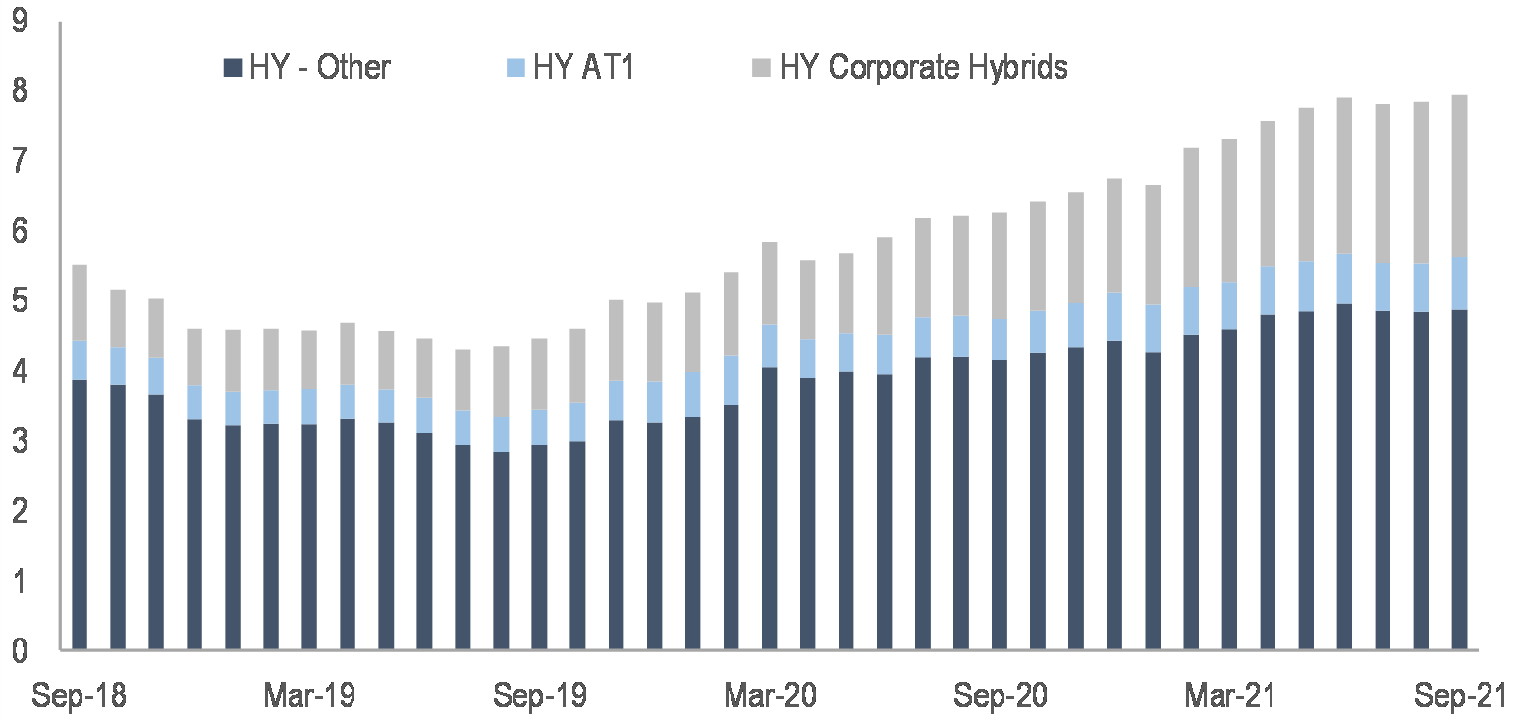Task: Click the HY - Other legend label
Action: tap(320, 68)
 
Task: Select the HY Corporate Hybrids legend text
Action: tap(923, 68)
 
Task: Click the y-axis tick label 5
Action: tap(21, 301)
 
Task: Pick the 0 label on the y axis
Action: tap(21, 650)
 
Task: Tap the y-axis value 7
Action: tap(21, 160)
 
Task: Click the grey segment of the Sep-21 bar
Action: tap(1460, 176)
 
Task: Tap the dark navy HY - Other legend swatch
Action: tap(233, 68)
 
